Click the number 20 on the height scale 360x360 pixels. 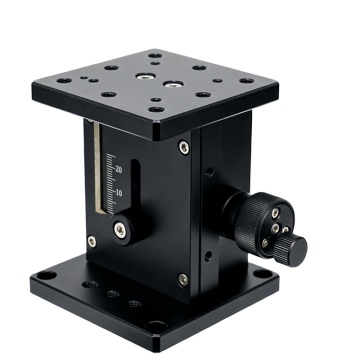tap(119, 169)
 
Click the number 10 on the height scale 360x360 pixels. tap(118, 191)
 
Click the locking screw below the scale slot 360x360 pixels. tap(120, 231)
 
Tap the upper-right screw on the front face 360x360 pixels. tap(183, 148)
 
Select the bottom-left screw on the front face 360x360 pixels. tap(92, 241)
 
